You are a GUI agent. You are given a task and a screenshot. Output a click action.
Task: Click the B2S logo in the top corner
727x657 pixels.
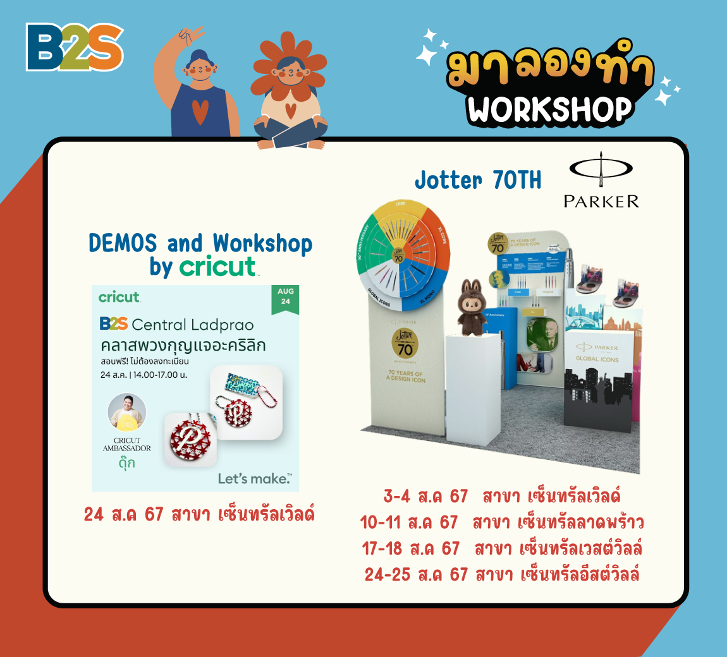pos(75,47)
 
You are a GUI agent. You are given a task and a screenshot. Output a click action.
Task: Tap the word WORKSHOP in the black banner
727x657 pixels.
pos(549,109)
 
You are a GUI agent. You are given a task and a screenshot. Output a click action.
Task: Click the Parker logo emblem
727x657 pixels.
pos(601,171)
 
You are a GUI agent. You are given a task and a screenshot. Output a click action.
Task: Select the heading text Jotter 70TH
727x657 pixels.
pos(478,181)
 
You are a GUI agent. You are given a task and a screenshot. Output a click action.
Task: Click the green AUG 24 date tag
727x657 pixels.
pos(285,297)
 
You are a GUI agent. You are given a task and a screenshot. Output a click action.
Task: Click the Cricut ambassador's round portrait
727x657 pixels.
pos(127,413)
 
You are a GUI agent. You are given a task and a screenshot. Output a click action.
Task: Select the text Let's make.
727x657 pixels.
pos(255,479)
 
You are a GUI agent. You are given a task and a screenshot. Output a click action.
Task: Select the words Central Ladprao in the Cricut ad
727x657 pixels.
pos(193,325)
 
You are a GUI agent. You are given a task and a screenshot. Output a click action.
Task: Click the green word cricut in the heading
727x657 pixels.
pos(217,267)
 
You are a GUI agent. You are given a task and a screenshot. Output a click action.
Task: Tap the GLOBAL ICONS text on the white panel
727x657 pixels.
pos(597,359)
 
